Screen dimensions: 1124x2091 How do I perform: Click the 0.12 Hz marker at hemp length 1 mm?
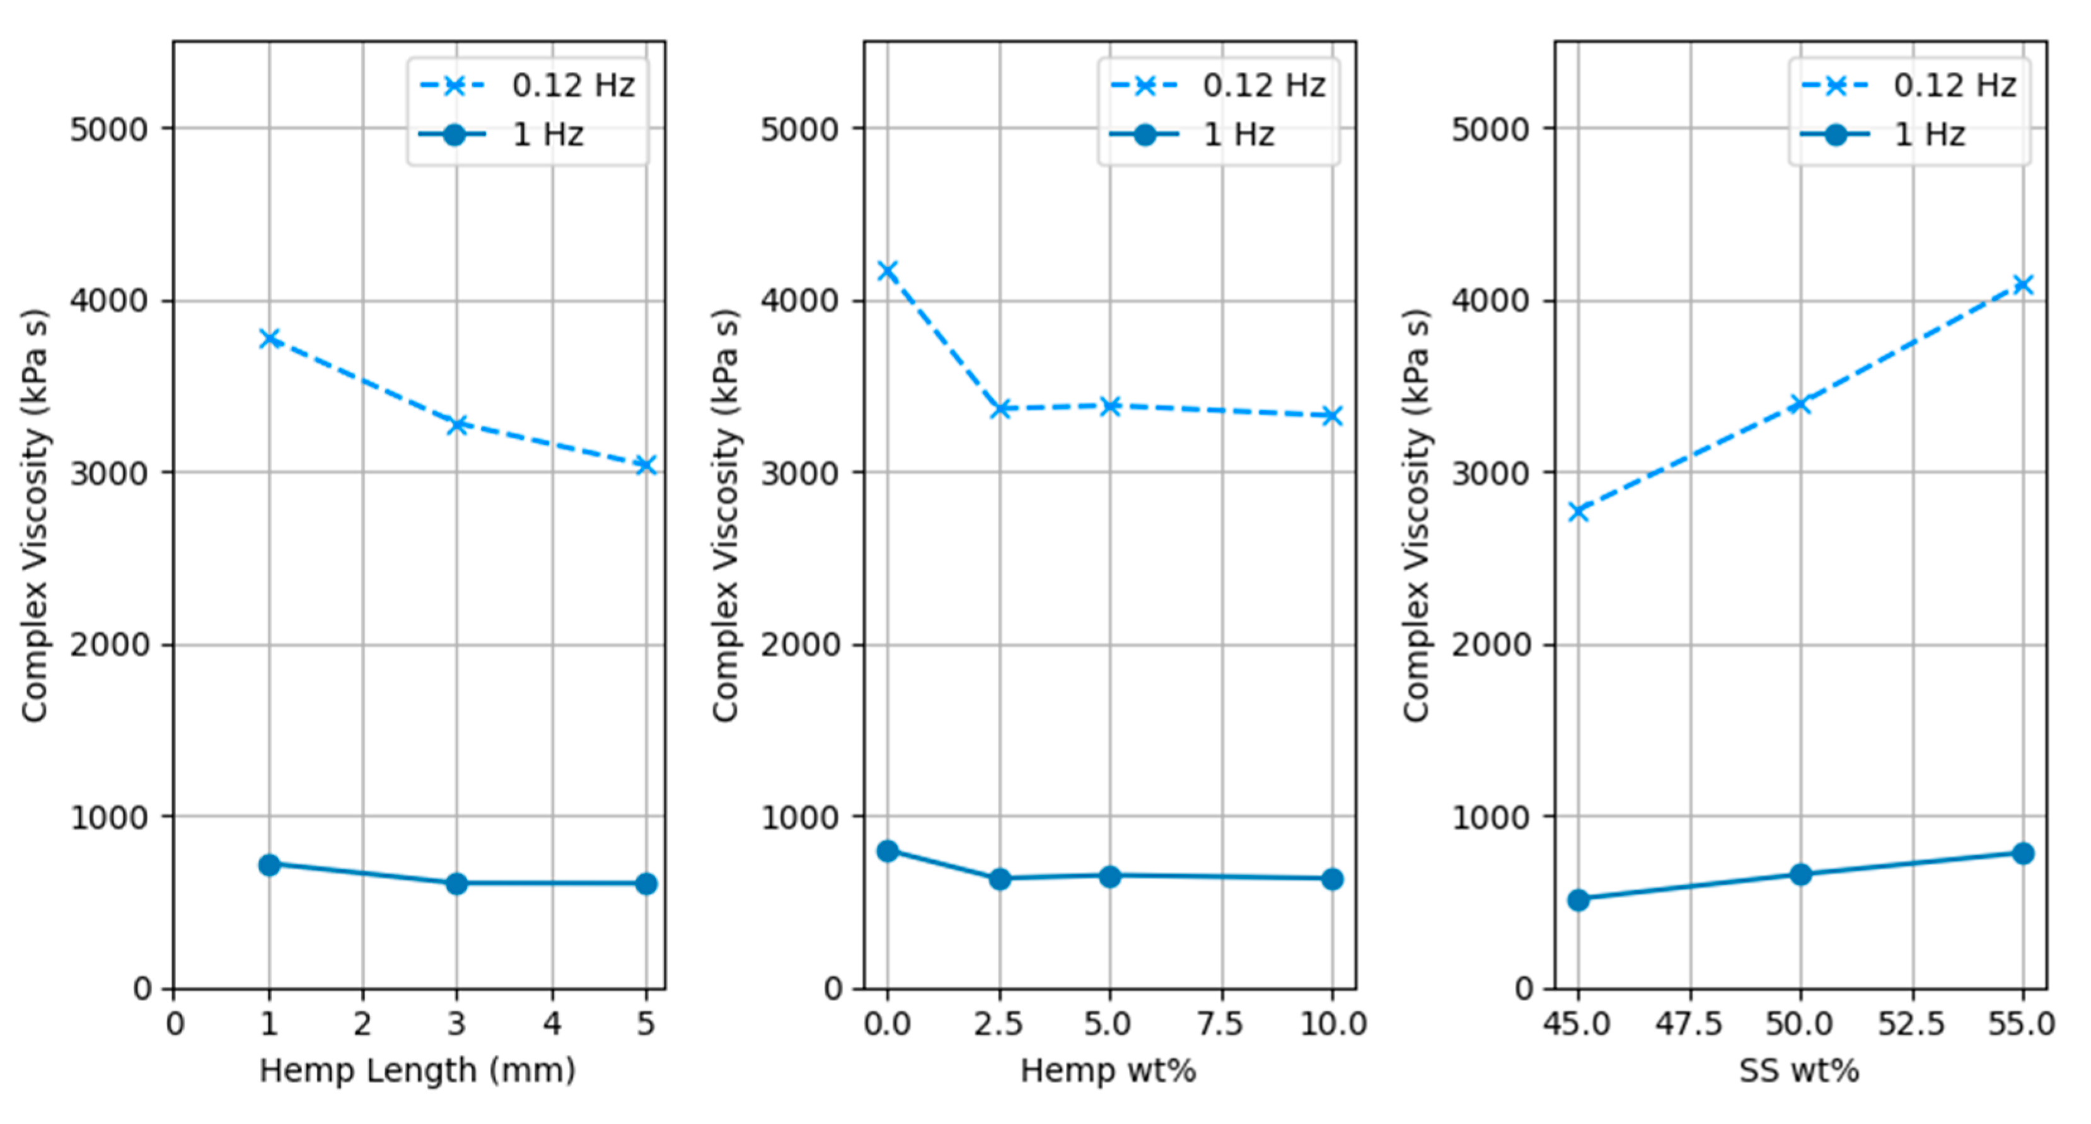270,338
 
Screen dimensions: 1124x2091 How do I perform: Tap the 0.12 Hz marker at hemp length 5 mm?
646,465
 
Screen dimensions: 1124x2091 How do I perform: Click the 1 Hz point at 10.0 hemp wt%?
1332,879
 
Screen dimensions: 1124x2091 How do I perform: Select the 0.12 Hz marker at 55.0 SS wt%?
2023,284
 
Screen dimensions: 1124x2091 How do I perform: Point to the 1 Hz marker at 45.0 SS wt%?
1578,899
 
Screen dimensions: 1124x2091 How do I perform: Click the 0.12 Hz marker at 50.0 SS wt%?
1800,403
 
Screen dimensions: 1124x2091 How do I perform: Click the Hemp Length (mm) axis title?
417,1070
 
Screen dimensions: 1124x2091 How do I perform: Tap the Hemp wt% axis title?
1108,1070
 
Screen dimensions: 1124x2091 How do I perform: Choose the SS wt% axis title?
1798,1070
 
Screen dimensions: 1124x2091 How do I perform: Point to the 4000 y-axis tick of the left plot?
109,301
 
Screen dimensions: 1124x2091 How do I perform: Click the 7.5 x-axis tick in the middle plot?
1221,1024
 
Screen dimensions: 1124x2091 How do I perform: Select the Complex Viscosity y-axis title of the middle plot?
726,515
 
